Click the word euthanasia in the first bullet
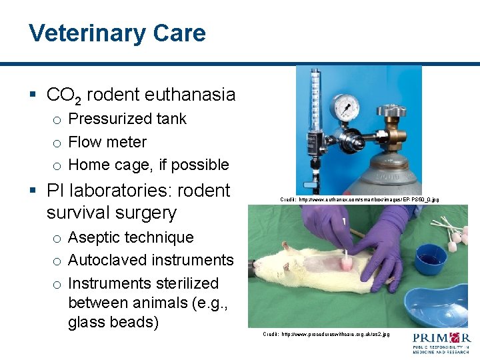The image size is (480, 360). click(193, 95)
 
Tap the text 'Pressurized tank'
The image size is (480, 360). click(127, 119)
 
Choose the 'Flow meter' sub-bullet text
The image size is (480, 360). click(107, 142)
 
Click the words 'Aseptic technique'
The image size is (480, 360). click(131, 237)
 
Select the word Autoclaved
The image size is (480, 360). click(107, 260)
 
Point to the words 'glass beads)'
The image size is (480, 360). click(113, 323)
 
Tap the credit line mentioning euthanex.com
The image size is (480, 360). click(359, 199)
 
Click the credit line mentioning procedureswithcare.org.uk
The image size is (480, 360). click(326, 333)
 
